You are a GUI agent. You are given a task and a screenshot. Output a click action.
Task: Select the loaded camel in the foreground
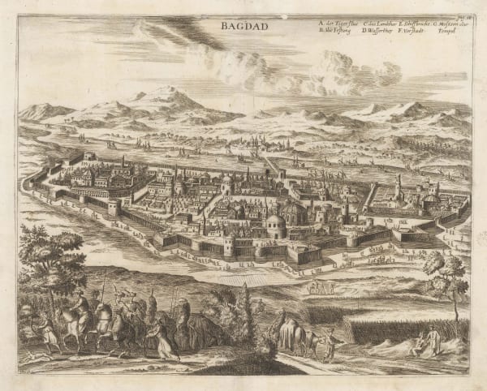coord(291,333)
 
